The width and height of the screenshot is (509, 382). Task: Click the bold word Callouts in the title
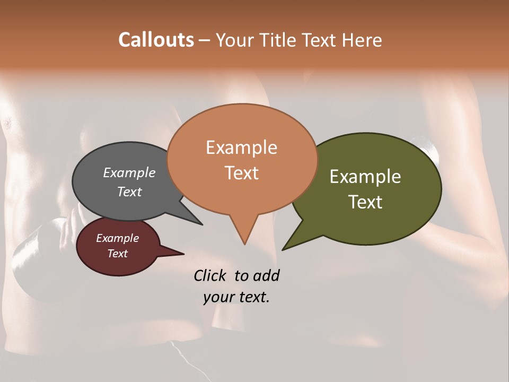point(156,40)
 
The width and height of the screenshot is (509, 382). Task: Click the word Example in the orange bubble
point(241,147)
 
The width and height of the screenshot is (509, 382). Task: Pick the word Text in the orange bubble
point(241,173)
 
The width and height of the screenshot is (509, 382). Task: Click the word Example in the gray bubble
point(129,172)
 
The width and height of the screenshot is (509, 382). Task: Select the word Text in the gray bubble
point(129,192)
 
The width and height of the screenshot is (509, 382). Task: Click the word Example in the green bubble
point(365,177)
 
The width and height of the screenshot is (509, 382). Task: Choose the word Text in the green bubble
point(365,202)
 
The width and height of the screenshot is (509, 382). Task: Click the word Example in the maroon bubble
point(117,238)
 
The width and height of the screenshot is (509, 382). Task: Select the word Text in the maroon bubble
point(117,254)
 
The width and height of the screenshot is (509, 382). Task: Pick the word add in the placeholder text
point(266,276)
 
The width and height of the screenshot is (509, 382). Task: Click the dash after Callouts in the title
point(205,40)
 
